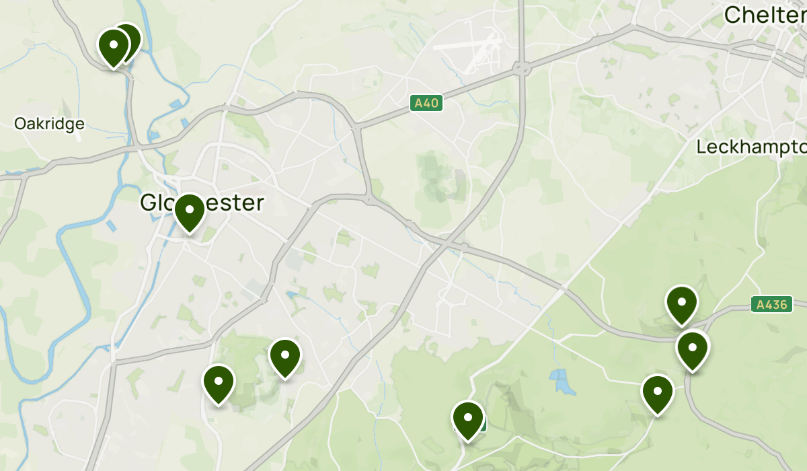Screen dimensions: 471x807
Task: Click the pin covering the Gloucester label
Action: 190,211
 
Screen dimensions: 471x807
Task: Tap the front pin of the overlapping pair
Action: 113,46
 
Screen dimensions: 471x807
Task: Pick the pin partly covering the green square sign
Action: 468,419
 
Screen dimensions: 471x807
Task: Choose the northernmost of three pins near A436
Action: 682,303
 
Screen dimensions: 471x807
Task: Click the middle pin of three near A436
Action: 693,349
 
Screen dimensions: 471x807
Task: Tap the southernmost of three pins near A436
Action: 658,392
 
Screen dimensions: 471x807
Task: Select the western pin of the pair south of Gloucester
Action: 219,382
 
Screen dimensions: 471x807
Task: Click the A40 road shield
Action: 426,104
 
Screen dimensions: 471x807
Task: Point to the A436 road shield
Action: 771,305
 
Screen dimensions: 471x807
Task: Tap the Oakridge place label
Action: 50,124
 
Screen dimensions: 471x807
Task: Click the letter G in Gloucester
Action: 149,203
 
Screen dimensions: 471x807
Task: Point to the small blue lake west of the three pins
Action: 561,382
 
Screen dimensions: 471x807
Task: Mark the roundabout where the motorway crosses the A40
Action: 521,68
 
